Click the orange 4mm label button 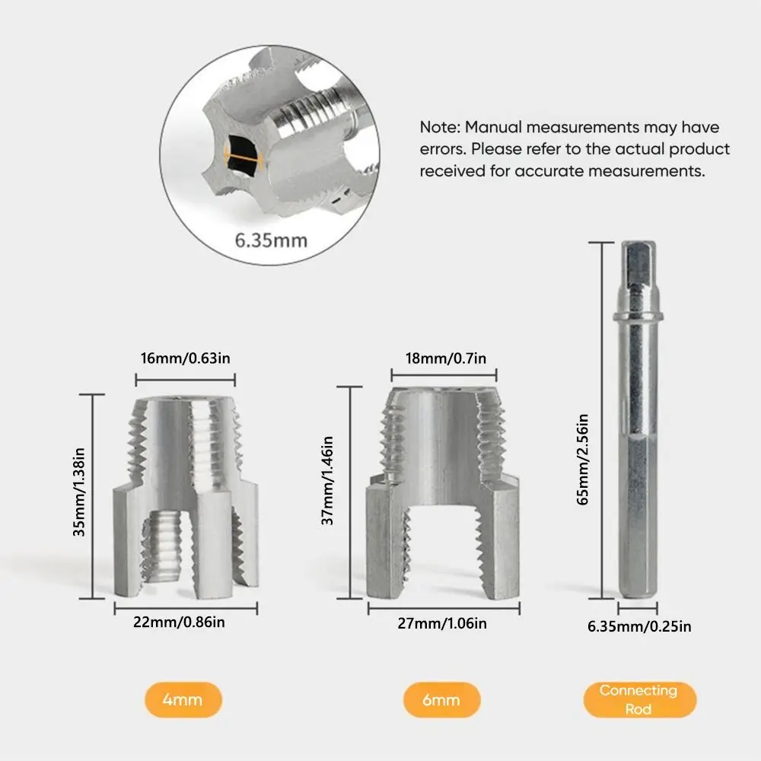click(x=183, y=700)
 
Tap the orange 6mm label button click(x=442, y=700)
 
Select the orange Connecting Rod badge click(x=638, y=699)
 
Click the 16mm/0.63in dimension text click(x=185, y=358)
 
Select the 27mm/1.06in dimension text click(x=443, y=623)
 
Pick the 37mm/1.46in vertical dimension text click(x=328, y=480)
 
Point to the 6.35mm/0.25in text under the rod click(x=639, y=627)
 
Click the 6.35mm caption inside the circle click(x=271, y=240)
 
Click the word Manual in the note click(x=493, y=127)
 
